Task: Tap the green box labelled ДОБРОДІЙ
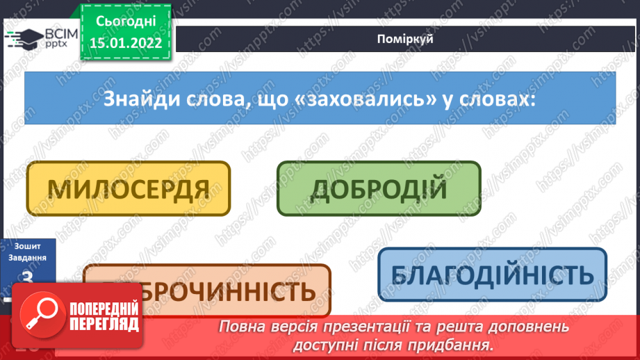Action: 378,188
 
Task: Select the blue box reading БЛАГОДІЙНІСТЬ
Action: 492,275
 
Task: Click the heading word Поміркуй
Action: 406,39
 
